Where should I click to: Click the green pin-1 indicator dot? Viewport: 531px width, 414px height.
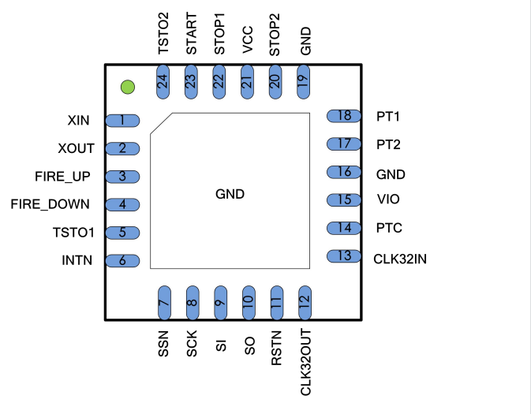tap(127, 86)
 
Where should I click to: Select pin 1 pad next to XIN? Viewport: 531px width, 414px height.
tap(124, 121)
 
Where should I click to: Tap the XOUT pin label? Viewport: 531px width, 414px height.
tap(76, 148)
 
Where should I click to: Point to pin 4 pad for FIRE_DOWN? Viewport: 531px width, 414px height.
tap(124, 204)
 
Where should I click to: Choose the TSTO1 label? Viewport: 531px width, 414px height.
tap(73, 233)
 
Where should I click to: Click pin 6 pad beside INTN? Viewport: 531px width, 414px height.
tap(124, 260)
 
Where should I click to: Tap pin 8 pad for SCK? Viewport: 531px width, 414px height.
tap(192, 302)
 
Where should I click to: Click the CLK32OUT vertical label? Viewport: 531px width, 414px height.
tap(305, 362)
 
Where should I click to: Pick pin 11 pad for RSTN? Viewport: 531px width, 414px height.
tap(276, 302)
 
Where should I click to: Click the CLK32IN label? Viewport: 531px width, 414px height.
tap(402, 257)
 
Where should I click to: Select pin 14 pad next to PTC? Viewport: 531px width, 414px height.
tap(344, 228)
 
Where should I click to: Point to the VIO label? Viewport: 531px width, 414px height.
tap(388, 200)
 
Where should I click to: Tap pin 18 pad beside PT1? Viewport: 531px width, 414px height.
tap(344, 116)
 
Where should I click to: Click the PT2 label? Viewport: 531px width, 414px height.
tap(388, 144)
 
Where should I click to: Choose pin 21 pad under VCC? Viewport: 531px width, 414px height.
tap(247, 82)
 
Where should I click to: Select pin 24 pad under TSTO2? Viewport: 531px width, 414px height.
tap(163, 82)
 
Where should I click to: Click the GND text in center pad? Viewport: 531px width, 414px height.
tap(230, 194)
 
